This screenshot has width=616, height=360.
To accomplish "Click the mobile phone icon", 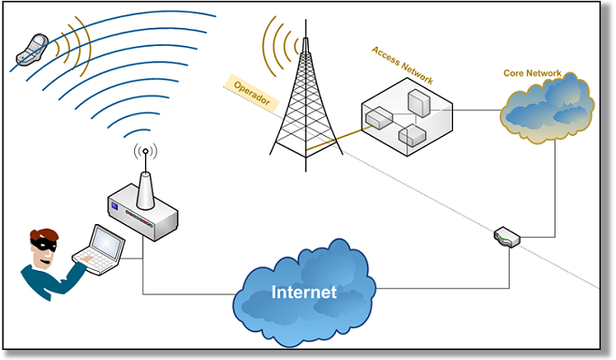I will coord(29,50).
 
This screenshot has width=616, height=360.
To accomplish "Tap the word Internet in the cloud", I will coord(304,292).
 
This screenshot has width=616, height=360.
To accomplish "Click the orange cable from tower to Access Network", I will coord(338,138).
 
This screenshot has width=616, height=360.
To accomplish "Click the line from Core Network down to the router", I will coord(555,189).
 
